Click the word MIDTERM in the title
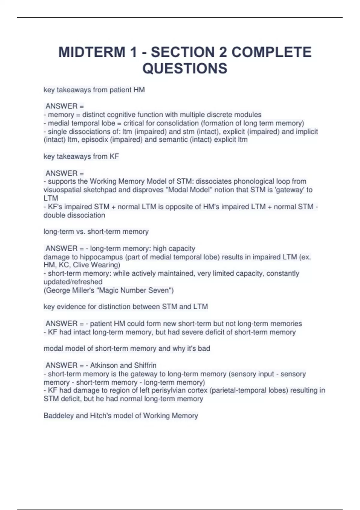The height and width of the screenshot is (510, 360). click(91, 52)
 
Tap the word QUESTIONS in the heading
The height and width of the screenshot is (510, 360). click(185, 68)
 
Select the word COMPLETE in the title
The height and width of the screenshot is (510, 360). click(271, 52)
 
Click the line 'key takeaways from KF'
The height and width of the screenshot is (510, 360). click(81, 157)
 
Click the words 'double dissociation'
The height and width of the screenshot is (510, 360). click(74, 215)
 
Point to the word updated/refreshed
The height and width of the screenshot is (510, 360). click(73, 282)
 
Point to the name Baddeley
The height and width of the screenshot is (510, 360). click(58, 416)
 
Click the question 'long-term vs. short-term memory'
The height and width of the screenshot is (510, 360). click(96, 232)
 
